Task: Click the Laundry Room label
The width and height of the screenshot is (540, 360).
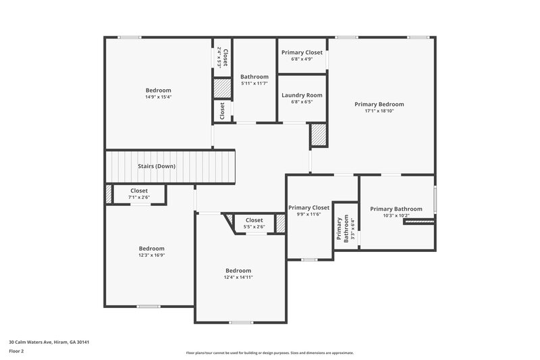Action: tap(302, 95)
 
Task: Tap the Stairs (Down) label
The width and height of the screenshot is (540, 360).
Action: tap(157, 166)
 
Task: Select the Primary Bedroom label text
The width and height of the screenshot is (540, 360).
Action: tap(379, 104)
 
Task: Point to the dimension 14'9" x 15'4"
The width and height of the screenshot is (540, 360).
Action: tap(159, 97)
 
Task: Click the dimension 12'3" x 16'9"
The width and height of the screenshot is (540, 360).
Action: tap(152, 255)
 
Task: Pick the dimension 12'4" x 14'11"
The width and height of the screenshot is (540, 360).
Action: tap(238, 277)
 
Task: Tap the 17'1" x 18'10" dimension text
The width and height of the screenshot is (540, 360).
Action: tap(379, 111)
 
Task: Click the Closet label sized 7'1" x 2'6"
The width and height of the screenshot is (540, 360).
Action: tap(139, 190)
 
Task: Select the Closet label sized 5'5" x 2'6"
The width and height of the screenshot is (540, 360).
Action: tap(254, 220)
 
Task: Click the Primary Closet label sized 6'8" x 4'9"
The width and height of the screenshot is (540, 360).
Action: tap(302, 52)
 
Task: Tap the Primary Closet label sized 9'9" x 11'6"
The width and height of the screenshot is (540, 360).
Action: tap(308, 207)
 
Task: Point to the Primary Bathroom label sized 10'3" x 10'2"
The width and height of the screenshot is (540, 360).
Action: tap(396, 209)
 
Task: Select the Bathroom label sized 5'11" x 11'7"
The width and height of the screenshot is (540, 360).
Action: tap(254, 76)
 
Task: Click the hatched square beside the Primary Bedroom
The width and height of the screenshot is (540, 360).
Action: tap(319, 136)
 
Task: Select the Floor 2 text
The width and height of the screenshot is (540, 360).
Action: tap(17, 351)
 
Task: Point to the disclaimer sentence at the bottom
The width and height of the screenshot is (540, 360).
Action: tap(269, 353)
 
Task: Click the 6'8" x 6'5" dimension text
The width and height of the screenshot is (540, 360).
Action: tap(302, 103)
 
